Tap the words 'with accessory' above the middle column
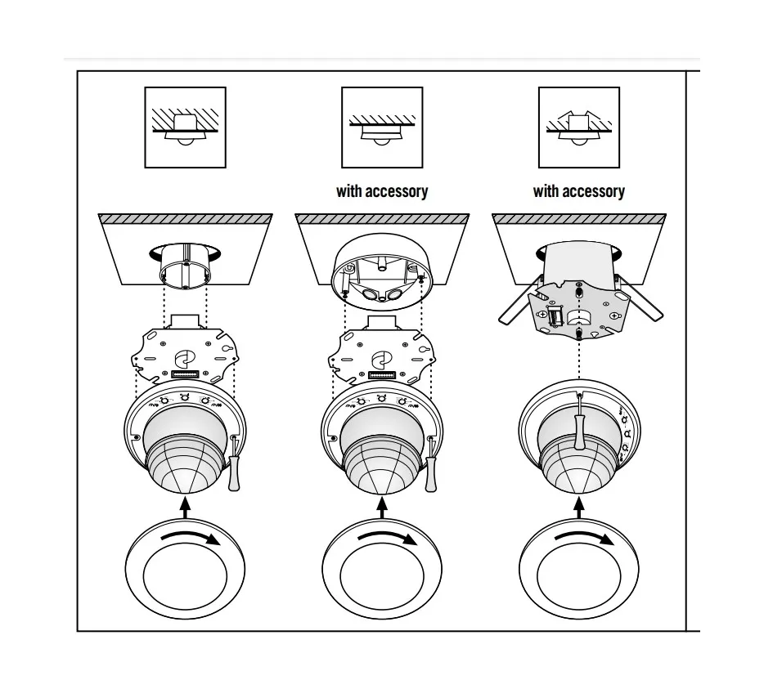382,191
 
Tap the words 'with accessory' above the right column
579,191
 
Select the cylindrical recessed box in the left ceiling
186,266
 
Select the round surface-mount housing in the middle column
383,274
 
